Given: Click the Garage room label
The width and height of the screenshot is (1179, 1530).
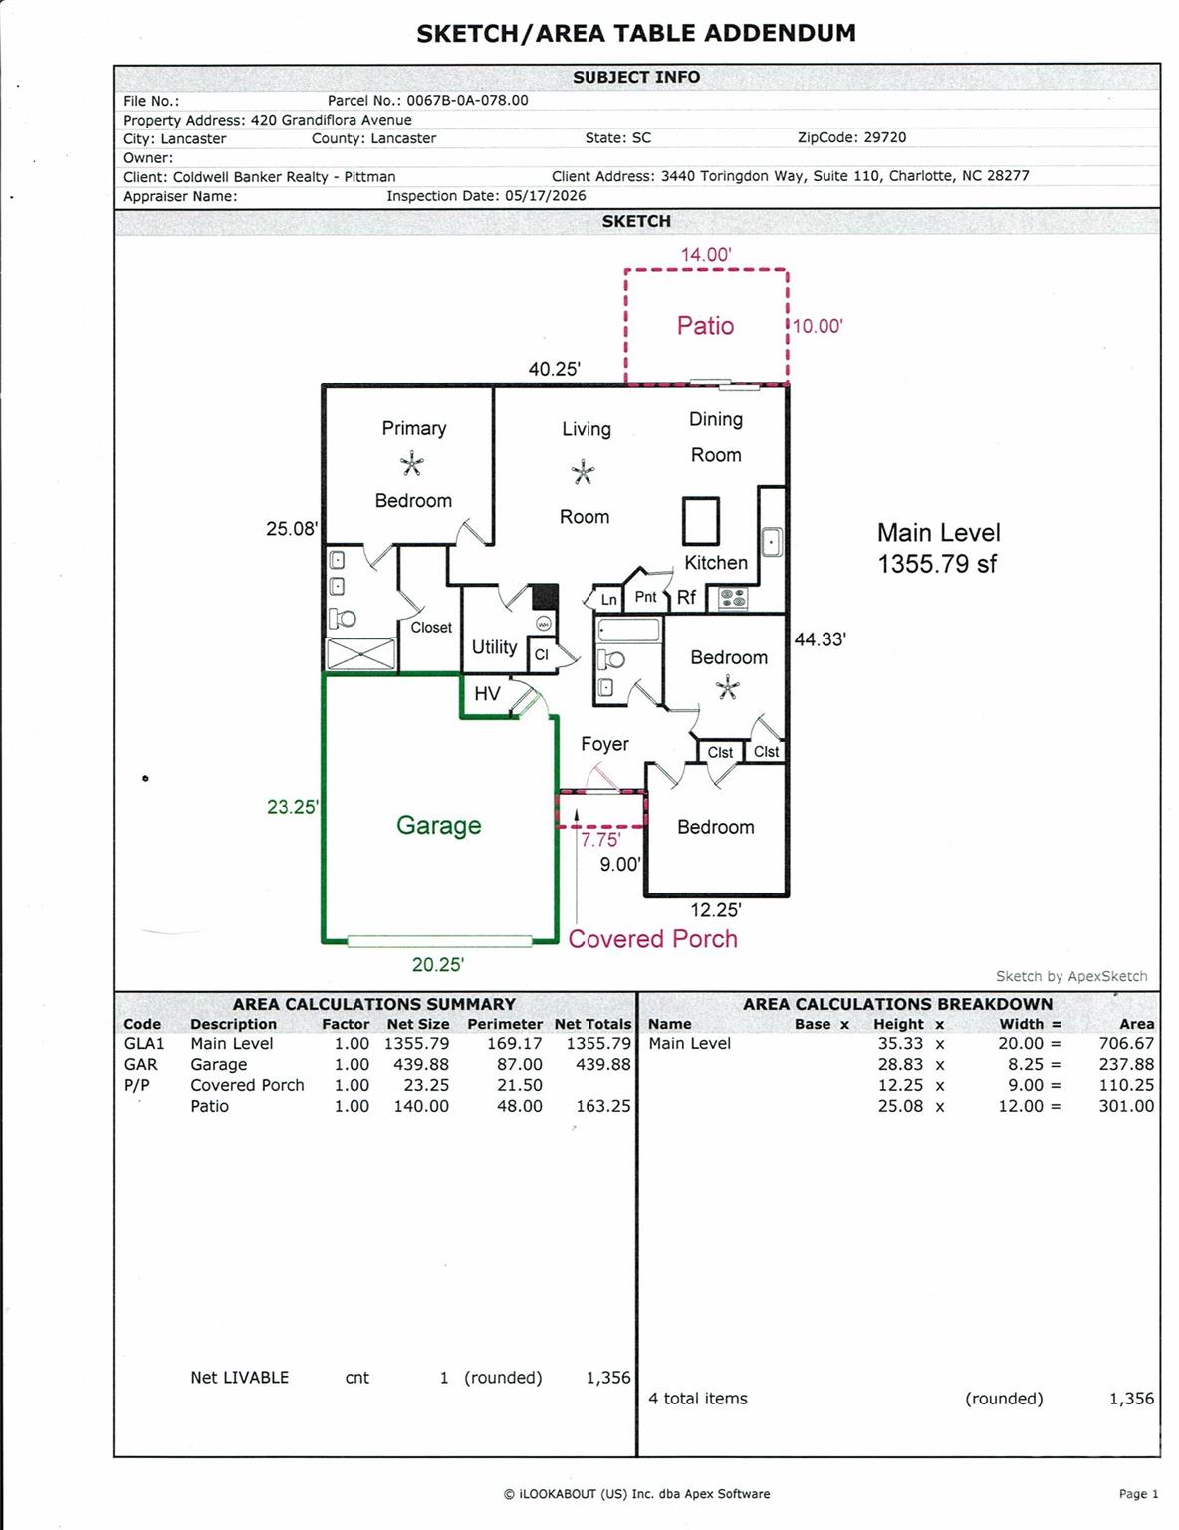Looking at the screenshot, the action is (x=438, y=825).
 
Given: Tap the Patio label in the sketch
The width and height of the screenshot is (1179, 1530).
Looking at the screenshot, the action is (x=705, y=326).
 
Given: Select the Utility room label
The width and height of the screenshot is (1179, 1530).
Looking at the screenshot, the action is (x=494, y=647).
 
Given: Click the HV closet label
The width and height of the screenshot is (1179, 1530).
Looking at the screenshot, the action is (x=487, y=694).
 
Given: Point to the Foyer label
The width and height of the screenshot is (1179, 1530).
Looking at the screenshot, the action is (x=604, y=744).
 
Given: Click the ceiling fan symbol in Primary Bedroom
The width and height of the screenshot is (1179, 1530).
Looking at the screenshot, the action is (x=412, y=465).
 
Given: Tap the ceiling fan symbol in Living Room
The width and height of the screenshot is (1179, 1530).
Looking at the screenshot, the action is (x=583, y=472).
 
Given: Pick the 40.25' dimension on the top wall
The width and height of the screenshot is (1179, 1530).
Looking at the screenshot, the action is (x=554, y=369).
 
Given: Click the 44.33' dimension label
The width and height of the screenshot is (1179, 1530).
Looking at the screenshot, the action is (x=820, y=639).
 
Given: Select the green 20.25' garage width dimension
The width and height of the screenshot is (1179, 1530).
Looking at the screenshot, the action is (x=438, y=964).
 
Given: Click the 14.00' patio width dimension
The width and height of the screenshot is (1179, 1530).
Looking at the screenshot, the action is (x=706, y=254).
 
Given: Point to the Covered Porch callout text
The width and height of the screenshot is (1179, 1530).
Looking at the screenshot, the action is (x=652, y=939).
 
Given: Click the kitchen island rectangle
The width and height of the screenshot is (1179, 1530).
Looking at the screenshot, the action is (x=700, y=521).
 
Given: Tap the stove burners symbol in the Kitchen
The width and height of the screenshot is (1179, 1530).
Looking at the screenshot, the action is (x=733, y=599).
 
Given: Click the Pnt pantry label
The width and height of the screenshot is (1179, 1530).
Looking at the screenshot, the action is (x=645, y=597).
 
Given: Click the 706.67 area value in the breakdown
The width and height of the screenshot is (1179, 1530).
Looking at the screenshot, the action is (x=1126, y=1044).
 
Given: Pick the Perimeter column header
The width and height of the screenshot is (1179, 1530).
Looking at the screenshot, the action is (x=505, y=1024).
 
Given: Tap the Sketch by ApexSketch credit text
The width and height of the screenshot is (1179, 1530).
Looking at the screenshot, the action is (x=1071, y=976).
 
